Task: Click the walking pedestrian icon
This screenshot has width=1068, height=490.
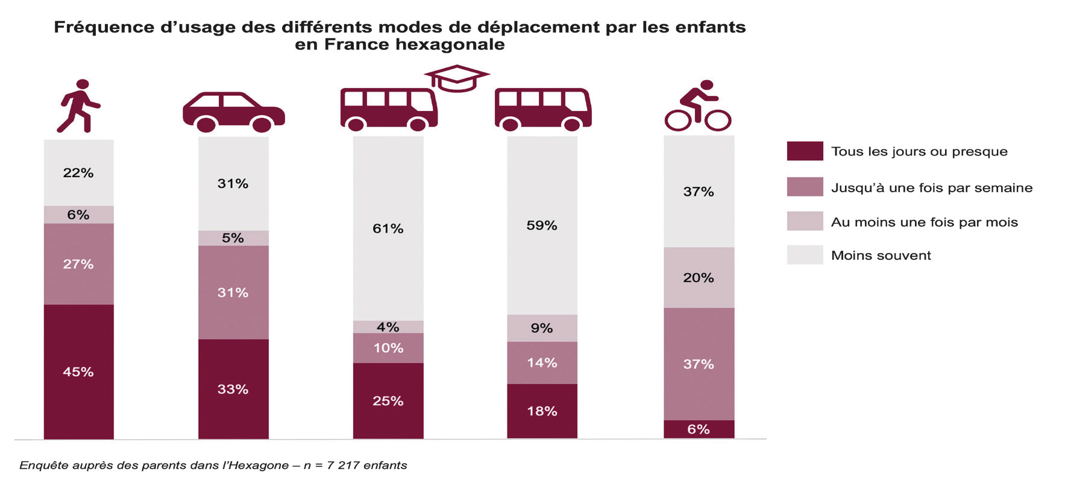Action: [x=78, y=105]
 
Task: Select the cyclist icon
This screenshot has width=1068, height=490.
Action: [x=697, y=106]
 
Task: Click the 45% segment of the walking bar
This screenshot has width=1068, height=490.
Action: [x=78, y=371]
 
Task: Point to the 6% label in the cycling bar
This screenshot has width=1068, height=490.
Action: [x=698, y=429]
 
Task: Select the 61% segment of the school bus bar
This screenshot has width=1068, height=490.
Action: [x=388, y=228]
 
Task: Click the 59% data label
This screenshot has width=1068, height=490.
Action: [x=541, y=225]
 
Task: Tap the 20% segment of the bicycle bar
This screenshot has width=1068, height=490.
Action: [x=698, y=278]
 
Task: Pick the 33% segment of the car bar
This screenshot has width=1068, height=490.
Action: [x=233, y=389]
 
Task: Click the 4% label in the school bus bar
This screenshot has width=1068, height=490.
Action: [x=388, y=327]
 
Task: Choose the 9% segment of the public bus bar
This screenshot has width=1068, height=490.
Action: [x=541, y=328]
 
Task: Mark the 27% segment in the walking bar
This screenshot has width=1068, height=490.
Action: [x=78, y=264]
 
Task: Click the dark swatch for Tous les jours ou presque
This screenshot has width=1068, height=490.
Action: [x=804, y=151]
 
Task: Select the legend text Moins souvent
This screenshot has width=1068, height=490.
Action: [x=881, y=256]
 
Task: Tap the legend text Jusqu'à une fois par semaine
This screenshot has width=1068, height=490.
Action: [x=931, y=187]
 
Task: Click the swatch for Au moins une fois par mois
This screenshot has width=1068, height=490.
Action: [x=804, y=221]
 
